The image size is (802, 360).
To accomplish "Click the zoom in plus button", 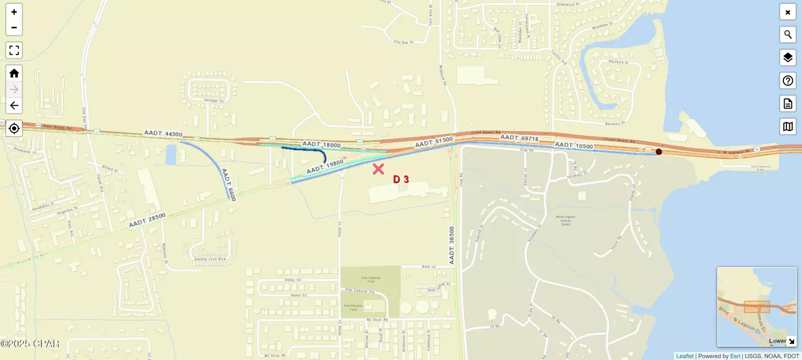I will tap(14, 12).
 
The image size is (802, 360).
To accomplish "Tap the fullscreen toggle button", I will tap(14, 50).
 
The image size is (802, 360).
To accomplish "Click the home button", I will tap(14, 73).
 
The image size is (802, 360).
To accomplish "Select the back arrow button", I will tap(14, 106).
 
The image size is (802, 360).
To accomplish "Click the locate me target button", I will tap(14, 128).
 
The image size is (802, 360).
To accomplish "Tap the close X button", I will tap(788, 12).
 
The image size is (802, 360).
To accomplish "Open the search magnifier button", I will tap(788, 35).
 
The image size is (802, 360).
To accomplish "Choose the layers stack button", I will tap(788, 58).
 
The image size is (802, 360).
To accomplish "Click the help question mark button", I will tap(788, 80).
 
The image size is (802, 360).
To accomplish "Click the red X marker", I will tap(378, 169).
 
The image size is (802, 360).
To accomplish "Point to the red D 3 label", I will tap(401, 179).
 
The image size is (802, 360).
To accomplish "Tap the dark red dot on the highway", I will tap(659, 152).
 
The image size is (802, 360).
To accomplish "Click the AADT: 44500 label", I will tap(163, 134).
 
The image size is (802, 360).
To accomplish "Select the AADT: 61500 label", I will tap(433, 142).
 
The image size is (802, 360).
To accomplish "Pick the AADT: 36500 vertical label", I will tap(452, 245).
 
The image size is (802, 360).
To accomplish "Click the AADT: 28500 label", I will tap(147, 220).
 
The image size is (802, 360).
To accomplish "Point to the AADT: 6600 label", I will tap(229, 184).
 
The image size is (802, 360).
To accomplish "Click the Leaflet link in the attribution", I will tap(684, 356).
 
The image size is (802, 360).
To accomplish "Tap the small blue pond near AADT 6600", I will tap(171, 154).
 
